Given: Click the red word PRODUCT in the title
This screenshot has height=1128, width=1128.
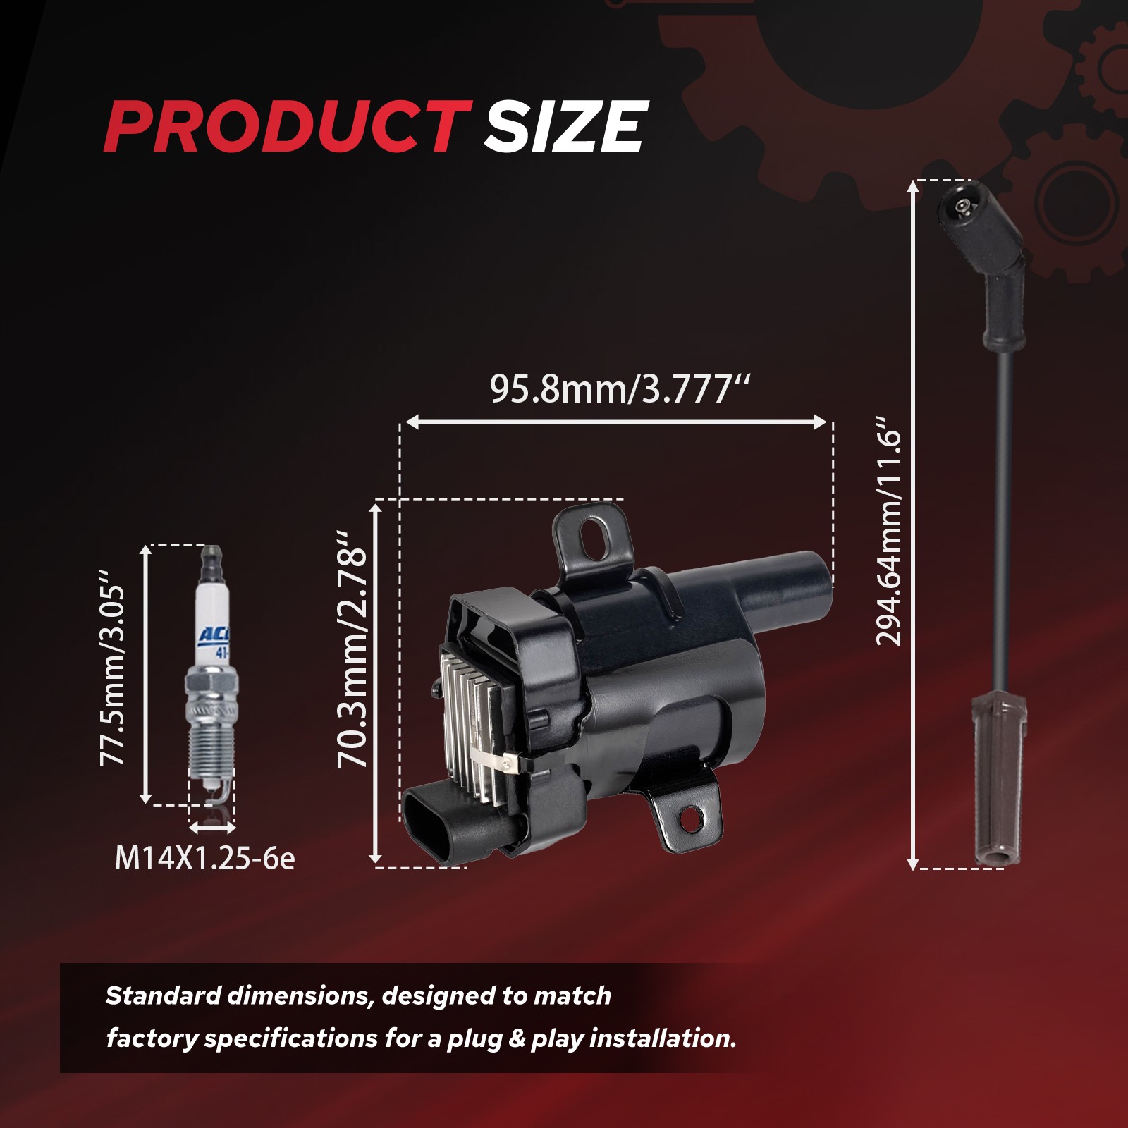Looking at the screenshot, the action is [x=288, y=126].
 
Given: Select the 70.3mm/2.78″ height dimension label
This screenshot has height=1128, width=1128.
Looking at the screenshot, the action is [x=352, y=649].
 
